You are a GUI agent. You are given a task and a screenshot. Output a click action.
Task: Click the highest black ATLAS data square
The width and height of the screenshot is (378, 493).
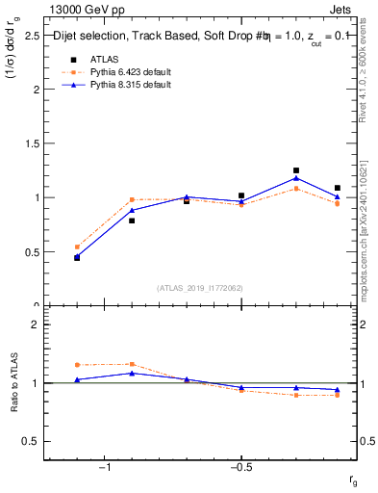296,170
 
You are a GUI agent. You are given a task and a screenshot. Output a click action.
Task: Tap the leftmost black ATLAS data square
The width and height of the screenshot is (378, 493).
77,258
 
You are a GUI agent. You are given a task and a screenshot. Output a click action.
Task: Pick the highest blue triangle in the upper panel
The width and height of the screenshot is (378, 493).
296,178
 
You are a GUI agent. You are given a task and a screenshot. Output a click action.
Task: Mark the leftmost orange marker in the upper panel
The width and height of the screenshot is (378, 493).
77,247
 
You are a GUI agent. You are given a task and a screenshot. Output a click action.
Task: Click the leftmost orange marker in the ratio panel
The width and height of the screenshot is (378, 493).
77,365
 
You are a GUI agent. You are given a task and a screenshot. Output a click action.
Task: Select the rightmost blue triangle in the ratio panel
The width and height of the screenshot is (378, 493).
338,390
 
